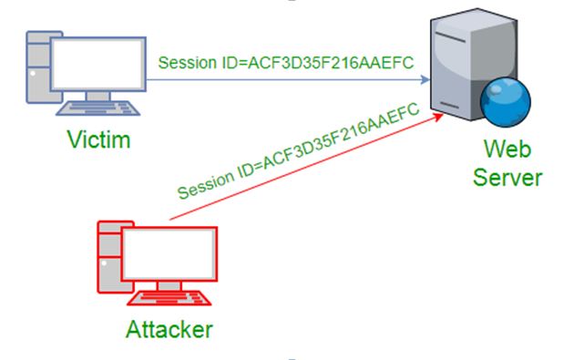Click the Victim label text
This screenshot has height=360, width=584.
98,140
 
